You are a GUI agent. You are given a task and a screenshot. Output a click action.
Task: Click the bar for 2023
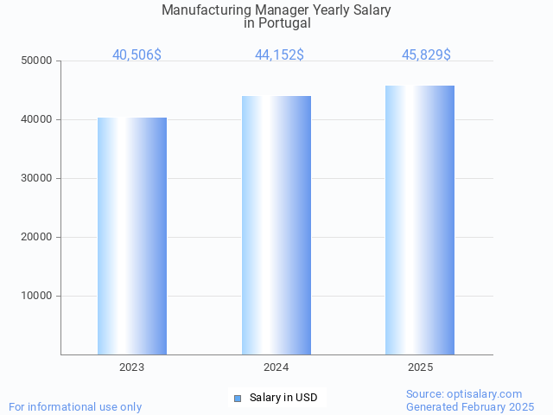point(132,236)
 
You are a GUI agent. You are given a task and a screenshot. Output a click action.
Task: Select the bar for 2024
point(276,225)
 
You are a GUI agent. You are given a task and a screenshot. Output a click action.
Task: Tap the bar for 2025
point(420,220)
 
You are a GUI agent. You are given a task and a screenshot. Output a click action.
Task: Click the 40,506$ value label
point(137,54)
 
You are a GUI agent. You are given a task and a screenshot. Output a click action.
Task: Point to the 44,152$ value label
point(279,54)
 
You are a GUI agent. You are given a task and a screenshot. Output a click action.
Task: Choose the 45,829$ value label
point(426,54)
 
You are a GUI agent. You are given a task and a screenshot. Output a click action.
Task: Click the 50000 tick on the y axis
point(37,61)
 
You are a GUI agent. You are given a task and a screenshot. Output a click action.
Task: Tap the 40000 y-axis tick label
point(37,119)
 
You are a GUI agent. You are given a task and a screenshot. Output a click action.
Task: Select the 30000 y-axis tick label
point(37,178)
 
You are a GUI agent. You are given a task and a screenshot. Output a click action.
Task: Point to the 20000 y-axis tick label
point(37,237)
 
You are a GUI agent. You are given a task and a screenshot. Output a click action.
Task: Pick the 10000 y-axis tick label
point(37,296)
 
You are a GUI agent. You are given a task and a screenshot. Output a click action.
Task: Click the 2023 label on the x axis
point(132,367)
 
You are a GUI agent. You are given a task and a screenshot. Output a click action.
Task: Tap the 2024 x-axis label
point(276,367)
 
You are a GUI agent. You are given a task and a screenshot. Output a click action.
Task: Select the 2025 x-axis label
point(421,367)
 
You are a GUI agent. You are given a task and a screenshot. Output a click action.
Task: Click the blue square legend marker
point(238,399)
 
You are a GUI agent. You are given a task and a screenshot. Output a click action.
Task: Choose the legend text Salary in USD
point(283,398)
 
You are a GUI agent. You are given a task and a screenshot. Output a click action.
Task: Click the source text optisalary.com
point(487,393)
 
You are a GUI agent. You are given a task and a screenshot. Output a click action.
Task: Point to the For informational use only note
point(75,406)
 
